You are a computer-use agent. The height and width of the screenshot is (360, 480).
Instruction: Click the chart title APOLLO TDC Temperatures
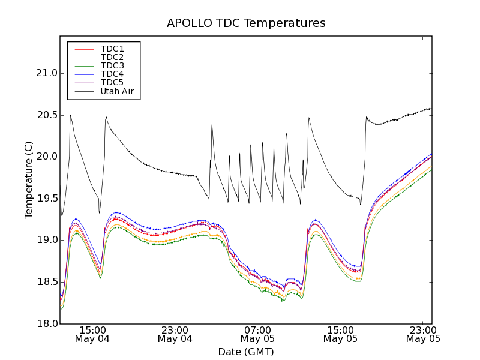point(246,23)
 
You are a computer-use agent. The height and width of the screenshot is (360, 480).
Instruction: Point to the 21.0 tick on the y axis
point(46,73)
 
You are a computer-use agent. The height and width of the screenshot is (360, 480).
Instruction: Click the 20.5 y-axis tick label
point(46,115)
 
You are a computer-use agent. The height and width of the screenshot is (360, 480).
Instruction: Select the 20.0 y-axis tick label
point(46,157)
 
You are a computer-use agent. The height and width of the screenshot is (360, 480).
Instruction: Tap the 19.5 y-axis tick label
point(46,199)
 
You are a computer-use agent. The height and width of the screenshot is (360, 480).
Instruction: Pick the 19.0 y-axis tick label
point(46,240)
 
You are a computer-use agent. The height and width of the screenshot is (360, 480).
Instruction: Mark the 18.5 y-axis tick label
point(46,282)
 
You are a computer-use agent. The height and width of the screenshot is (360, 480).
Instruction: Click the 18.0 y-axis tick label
point(46,323)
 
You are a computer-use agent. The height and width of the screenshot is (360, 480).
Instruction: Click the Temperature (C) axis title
point(29,180)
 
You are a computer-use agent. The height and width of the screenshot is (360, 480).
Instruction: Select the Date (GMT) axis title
point(246,352)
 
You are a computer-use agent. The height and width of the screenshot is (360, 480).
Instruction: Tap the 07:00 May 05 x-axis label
point(258,334)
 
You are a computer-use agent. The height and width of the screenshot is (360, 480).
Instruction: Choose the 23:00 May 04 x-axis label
point(175,334)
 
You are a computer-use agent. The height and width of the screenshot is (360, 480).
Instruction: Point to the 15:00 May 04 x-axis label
point(92,334)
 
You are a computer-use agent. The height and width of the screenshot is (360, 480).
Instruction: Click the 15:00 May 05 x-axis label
point(340,334)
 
